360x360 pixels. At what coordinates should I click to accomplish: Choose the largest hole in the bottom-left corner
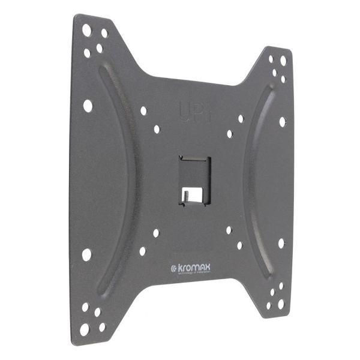pyautogui.click(x=85, y=329)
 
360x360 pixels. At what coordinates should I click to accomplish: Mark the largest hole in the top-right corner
pyautogui.click(x=284, y=61)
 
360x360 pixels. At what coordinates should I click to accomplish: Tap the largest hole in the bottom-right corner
pyautogui.click(x=281, y=304)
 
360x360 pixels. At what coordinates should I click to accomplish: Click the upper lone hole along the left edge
pyautogui.click(x=88, y=106)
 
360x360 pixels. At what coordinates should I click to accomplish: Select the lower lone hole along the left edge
pyautogui.click(x=86, y=254)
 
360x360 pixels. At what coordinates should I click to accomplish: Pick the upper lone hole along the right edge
pyautogui.click(x=282, y=121)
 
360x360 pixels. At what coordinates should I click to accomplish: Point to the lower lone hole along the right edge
pyautogui.click(x=281, y=244)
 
